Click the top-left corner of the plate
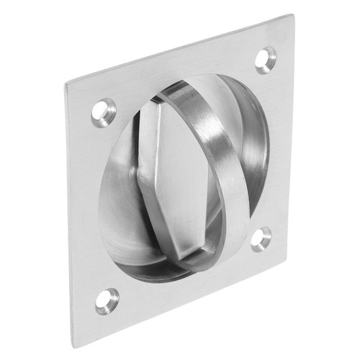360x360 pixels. point(66,85)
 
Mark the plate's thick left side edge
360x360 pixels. point(71,216)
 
